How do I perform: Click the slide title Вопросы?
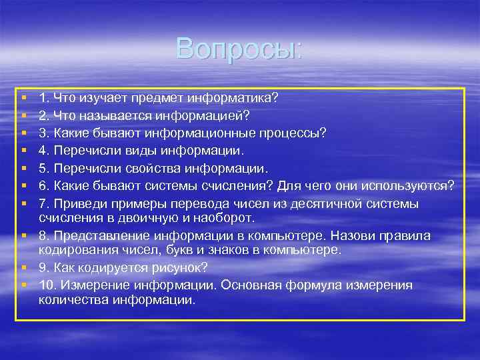[239, 48]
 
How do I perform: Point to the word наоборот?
[231, 218]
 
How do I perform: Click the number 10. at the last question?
[49, 285]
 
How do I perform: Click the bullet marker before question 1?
[23, 98]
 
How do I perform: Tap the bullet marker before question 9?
[23, 267]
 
